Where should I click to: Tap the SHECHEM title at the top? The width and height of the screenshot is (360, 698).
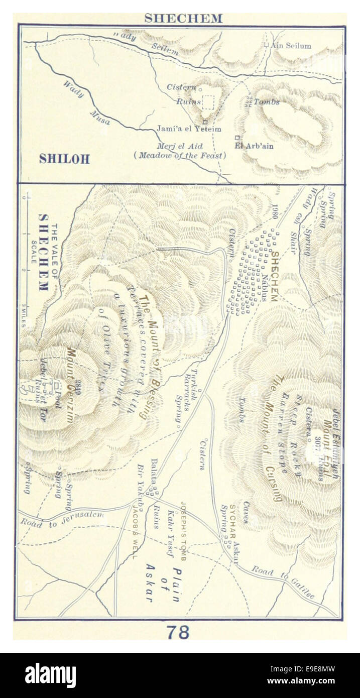(x=183, y=19)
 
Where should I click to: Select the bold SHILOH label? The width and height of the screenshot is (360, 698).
(x=64, y=159)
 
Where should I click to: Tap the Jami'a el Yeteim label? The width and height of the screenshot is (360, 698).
(x=188, y=129)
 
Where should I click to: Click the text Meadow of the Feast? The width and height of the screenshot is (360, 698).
(x=180, y=156)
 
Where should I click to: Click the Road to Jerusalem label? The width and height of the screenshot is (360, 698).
(x=62, y=518)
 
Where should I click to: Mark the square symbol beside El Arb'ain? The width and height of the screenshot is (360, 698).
(x=237, y=138)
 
